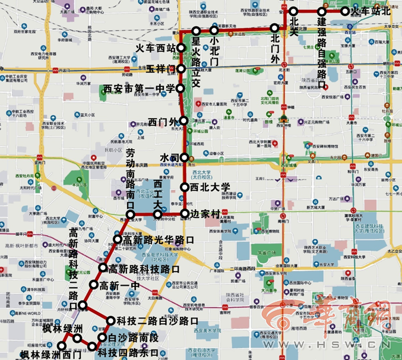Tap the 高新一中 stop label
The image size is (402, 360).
[x=119, y=285]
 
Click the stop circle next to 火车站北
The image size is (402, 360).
[x=345, y=11]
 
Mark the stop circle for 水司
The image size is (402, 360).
[x=184, y=157]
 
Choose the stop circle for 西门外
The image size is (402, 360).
[x=185, y=121]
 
